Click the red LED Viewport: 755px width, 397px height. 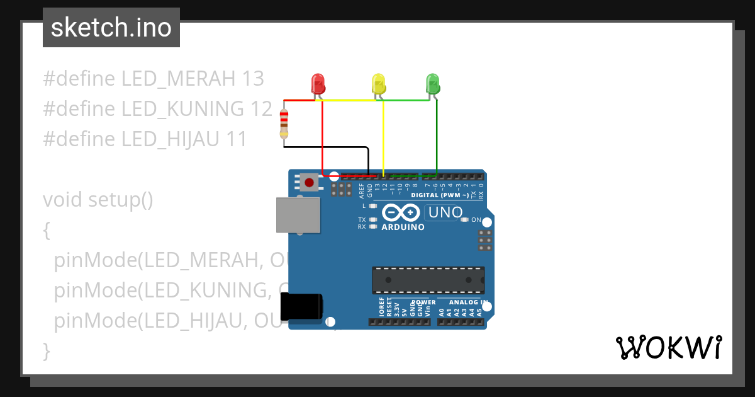[318, 84]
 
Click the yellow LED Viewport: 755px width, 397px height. [378, 84]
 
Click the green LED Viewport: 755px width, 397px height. [433, 84]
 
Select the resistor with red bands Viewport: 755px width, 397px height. [284, 123]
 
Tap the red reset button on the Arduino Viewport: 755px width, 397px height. [309, 183]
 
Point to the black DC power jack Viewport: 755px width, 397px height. [301, 306]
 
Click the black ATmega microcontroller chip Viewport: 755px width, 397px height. [428, 280]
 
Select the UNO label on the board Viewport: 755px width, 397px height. [445, 213]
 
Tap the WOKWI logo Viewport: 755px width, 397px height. [668, 347]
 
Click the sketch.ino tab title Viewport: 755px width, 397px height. [111, 28]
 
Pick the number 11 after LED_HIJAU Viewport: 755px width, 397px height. [236, 139]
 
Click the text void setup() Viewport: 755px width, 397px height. [98, 200]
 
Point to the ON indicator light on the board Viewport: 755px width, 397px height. [465, 220]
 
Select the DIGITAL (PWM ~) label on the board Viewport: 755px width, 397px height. [440, 195]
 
